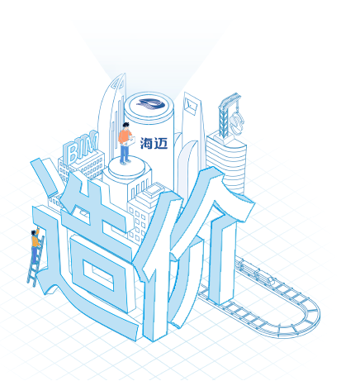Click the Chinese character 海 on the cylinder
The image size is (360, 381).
(146, 143)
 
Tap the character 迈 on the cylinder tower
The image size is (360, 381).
(161, 143)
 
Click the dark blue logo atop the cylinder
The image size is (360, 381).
(151, 104)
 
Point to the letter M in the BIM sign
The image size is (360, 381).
(92, 142)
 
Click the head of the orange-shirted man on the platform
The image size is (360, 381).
(126, 126)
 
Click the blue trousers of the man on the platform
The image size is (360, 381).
(125, 153)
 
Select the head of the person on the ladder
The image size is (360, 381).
(34, 232)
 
